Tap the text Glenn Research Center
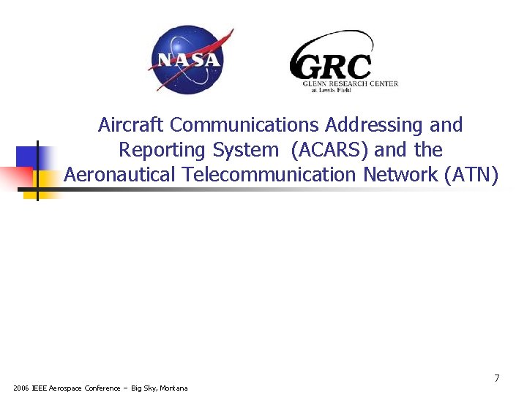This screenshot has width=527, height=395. [351, 83]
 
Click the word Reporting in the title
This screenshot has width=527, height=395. [162, 150]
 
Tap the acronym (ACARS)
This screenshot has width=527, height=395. [329, 150]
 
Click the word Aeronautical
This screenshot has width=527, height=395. [120, 175]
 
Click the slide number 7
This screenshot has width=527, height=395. [497, 378]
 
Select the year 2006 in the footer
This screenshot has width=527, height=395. [21, 388]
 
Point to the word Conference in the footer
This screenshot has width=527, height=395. [102, 388]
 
